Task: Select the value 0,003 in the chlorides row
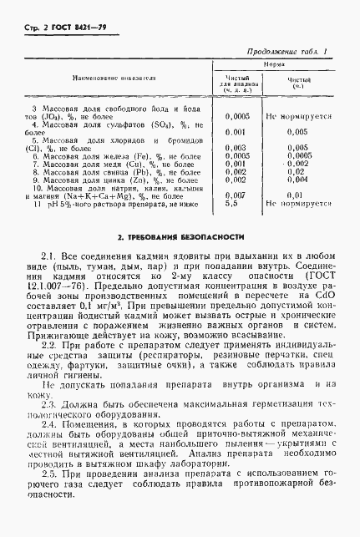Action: [236, 148]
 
